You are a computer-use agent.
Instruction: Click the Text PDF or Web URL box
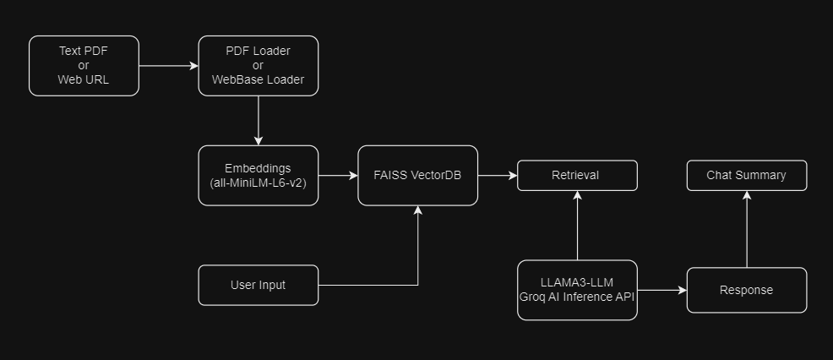(x=84, y=66)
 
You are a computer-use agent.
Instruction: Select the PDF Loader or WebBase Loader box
(x=258, y=66)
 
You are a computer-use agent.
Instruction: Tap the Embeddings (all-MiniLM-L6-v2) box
(x=258, y=176)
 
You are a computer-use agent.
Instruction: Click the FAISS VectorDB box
(x=417, y=176)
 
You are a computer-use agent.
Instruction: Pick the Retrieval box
(x=577, y=176)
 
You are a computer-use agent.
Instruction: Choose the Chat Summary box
(x=746, y=176)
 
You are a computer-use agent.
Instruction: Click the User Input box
(x=258, y=286)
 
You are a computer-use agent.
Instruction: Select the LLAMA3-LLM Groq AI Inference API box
(x=577, y=290)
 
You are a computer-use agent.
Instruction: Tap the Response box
(x=746, y=290)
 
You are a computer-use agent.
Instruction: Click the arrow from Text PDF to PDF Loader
(x=168, y=66)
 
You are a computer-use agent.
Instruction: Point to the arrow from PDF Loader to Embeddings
(x=259, y=120)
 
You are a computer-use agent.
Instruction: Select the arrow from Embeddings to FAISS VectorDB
(x=338, y=176)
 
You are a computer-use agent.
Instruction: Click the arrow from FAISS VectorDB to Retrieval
(x=497, y=176)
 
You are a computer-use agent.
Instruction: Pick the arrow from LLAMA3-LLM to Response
(x=661, y=290)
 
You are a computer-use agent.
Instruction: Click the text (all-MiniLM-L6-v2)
(x=258, y=183)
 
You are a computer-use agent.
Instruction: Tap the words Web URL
(x=84, y=80)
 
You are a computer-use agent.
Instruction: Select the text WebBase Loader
(x=258, y=80)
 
